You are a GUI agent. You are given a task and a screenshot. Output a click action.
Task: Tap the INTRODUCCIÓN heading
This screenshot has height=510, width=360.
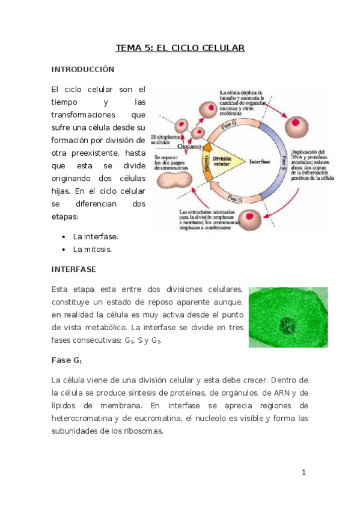[82, 69]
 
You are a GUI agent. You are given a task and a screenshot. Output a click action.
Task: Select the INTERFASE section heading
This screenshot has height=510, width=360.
[73, 269]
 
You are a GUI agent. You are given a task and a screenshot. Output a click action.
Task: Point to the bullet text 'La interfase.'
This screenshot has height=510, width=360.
[95, 236]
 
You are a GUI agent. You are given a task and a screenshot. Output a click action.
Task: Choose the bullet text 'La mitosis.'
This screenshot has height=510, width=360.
[93, 248]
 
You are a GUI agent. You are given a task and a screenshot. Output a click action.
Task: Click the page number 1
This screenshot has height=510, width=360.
[304, 472]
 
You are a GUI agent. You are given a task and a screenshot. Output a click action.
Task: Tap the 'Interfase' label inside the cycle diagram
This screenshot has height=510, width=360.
[259, 162]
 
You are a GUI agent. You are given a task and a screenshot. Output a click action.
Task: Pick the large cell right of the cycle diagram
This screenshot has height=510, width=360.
[295, 124]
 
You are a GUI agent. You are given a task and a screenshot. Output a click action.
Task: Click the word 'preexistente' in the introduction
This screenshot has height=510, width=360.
[92, 152]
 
